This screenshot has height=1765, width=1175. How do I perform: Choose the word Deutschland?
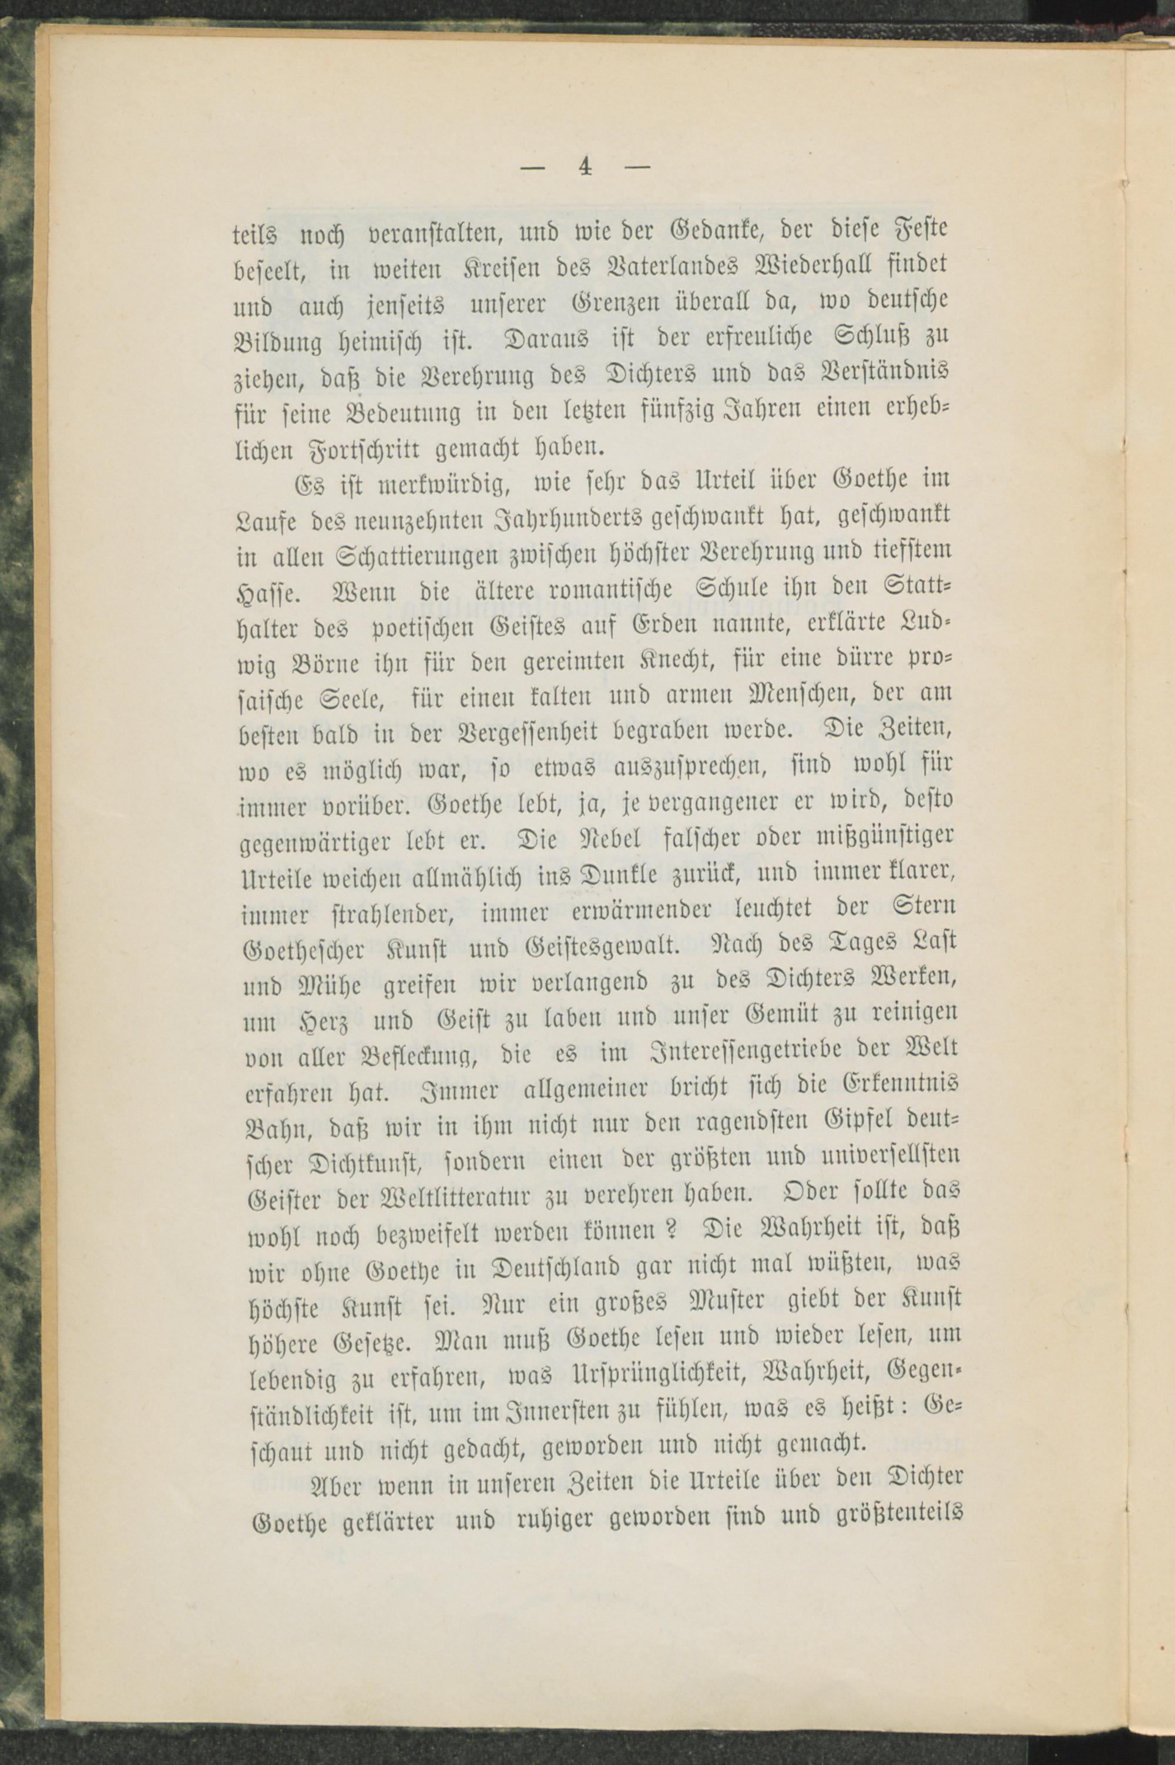[554, 1267]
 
